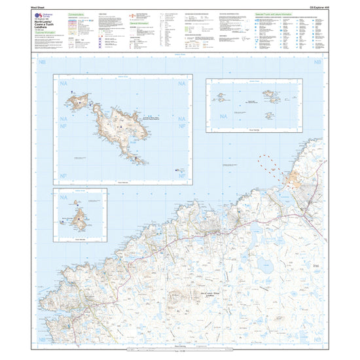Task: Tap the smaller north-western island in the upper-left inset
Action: (x=81, y=99)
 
